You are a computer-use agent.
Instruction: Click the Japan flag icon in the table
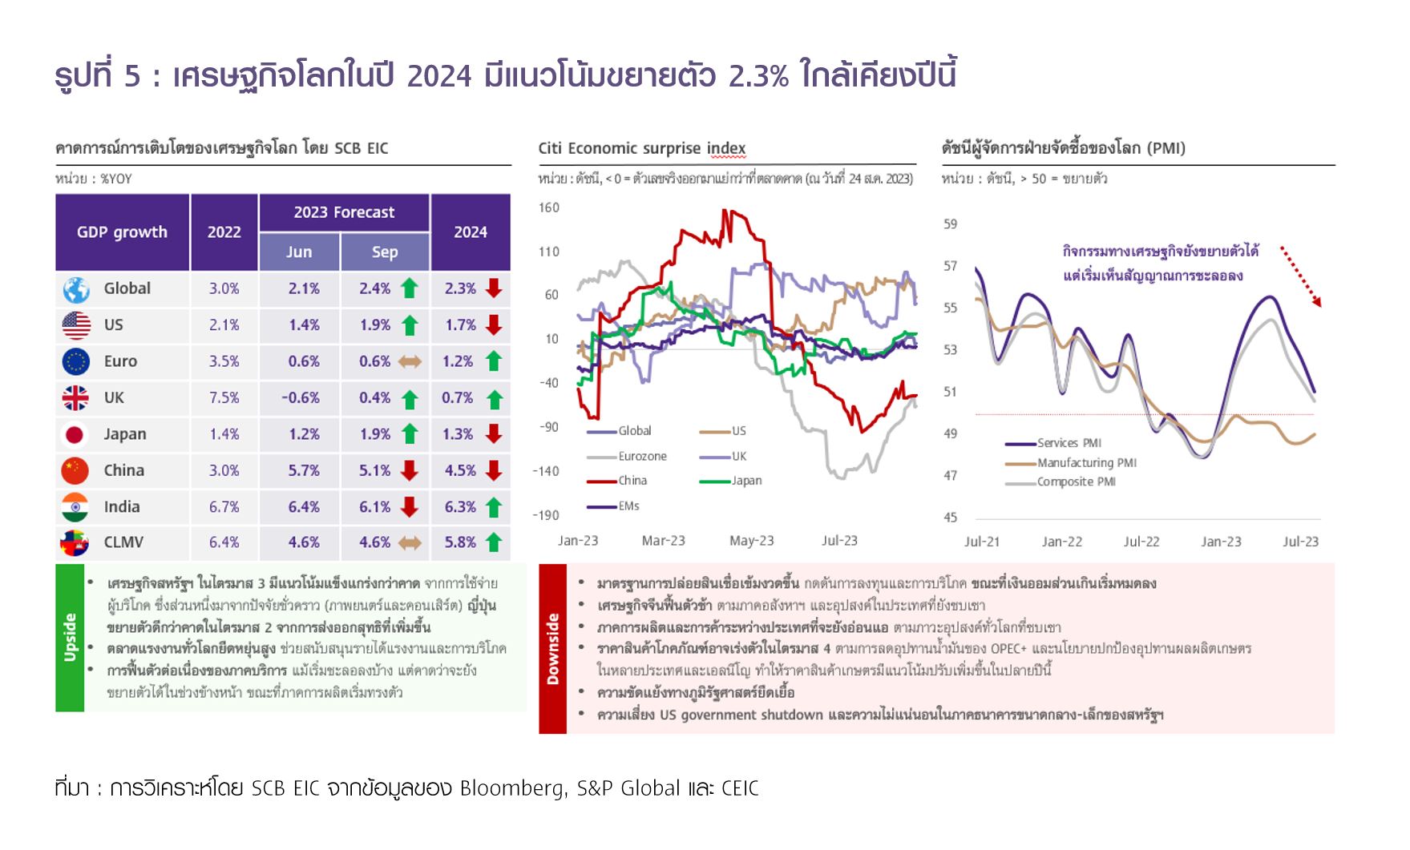pyautogui.click(x=75, y=434)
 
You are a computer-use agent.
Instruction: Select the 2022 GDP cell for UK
pyautogui.click(x=224, y=398)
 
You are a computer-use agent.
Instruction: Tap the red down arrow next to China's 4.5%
pyautogui.click(x=494, y=470)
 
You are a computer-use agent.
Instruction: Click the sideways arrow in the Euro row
pyautogui.click(x=410, y=362)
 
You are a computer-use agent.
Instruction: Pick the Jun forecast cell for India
pyautogui.click(x=304, y=507)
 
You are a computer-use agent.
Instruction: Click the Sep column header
pyautogui.click(x=385, y=252)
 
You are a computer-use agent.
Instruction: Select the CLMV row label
pyautogui.click(x=123, y=542)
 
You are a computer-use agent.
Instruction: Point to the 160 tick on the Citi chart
pyautogui.click(x=549, y=208)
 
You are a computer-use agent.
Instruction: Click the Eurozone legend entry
pyautogui.click(x=641, y=457)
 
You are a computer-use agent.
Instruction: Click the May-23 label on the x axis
pyautogui.click(x=751, y=541)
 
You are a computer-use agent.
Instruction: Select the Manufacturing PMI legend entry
pyautogui.click(x=1085, y=463)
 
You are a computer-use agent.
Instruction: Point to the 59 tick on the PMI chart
pyautogui.click(x=950, y=224)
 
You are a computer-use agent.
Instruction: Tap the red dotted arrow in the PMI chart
pyautogui.click(x=1299, y=276)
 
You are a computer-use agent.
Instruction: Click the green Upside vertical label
pyautogui.click(x=70, y=638)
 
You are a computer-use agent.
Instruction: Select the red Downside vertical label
pyautogui.click(x=552, y=649)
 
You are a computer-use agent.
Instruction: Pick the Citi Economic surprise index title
pyautogui.click(x=641, y=148)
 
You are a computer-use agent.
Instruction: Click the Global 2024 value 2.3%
pyautogui.click(x=460, y=288)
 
